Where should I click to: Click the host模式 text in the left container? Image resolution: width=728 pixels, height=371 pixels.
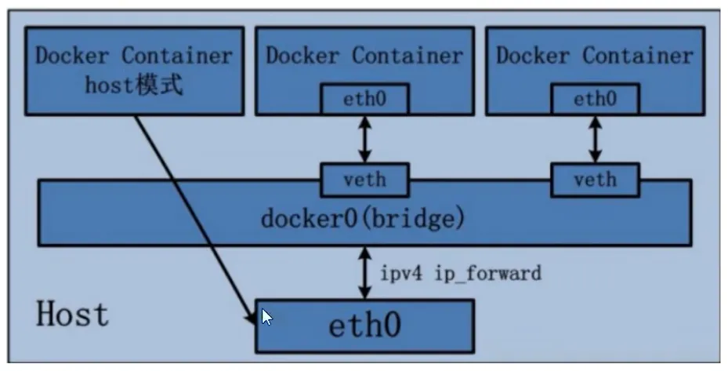pyautogui.click(x=134, y=84)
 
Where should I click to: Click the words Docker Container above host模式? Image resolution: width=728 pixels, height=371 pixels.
pyautogui.click(x=134, y=56)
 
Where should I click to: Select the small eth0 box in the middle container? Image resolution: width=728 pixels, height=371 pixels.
pyautogui.click(x=364, y=99)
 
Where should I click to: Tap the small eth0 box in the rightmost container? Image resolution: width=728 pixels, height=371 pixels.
pyautogui.click(x=595, y=99)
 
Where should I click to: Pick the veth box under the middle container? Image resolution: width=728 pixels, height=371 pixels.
pyautogui.click(x=364, y=180)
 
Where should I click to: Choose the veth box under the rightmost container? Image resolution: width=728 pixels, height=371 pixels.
pyautogui.click(x=595, y=180)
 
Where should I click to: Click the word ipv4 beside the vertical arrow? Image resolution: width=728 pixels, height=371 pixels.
pyautogui.click(x=400, y=274)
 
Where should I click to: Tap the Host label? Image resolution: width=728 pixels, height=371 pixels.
pyautogui.click(x=73, y=314)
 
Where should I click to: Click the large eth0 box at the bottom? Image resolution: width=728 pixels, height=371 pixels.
pyautogui.click(x=364, y=325)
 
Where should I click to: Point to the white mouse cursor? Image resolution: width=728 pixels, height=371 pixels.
pyautogui.click(x=266, y=317)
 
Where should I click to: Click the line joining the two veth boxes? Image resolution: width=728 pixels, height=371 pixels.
pyautogui.click(x=480, y=180)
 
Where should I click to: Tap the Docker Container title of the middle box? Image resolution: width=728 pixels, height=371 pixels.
pyautogui.click(x=364, y=56)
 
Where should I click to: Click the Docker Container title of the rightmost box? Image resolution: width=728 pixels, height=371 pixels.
pyautogui.click(x=595, y=56)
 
